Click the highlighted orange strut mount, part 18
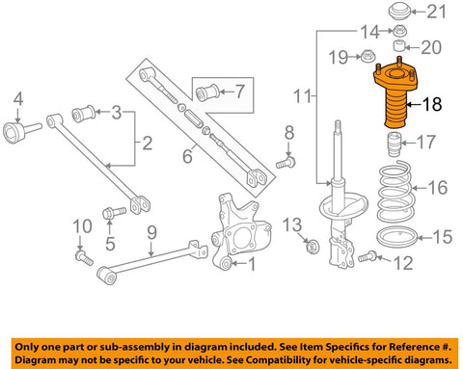[395, 96]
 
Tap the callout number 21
[436, 12]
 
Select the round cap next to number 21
[399, 12]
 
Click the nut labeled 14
[400, 31]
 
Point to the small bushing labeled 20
[399, 45]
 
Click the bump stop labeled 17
[394, 145]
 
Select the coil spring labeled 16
[395, 193]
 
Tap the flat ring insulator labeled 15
[396, 239]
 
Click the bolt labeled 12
[368, 256]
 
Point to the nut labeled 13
[312, 247]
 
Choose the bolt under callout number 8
[286, 162]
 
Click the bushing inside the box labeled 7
[207, 92]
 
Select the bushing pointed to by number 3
[83, 114]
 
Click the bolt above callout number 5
[114, 213]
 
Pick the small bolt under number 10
[84, 258]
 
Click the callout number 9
[151, 232]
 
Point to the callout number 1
[251, 264]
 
